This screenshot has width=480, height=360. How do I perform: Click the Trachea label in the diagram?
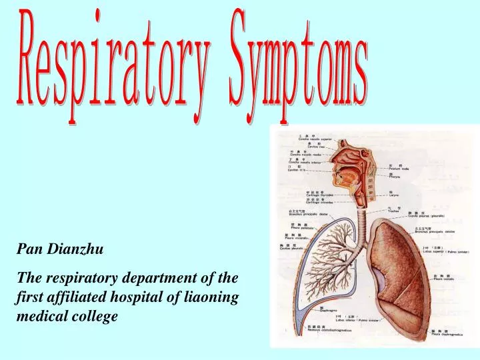click(394, 211)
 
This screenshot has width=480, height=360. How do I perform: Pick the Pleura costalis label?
click(443, 279)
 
